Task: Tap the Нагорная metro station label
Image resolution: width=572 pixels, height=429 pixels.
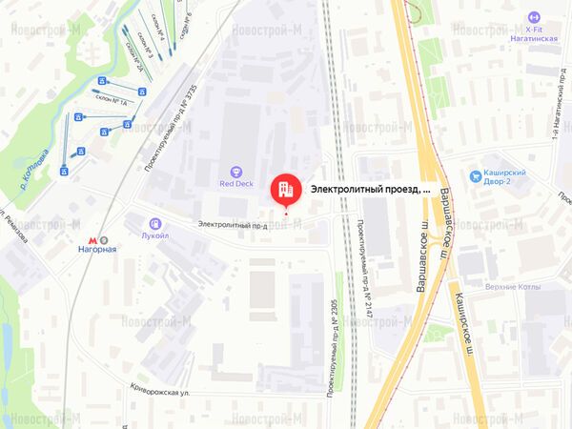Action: pyautogui.click(x=96, y=250)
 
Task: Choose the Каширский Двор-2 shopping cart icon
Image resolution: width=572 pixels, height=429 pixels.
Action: pyautogui.click(x=474, y=174)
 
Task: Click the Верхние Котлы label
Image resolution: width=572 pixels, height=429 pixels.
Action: pyautogui.click(x=513, y=287)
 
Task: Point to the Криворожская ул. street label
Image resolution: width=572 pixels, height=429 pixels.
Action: pyautogui.click(x=167, y=390)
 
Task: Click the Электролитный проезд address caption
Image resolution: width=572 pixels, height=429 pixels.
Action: pyautogui.click(x=370, y=189)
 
